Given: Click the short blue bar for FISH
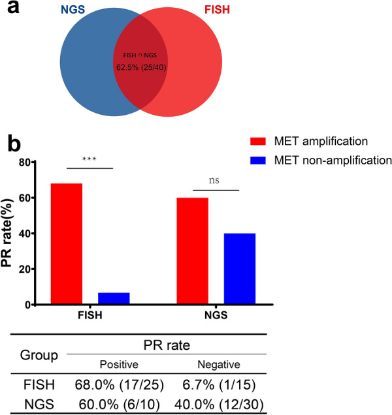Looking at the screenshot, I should (x=114, y=298).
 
